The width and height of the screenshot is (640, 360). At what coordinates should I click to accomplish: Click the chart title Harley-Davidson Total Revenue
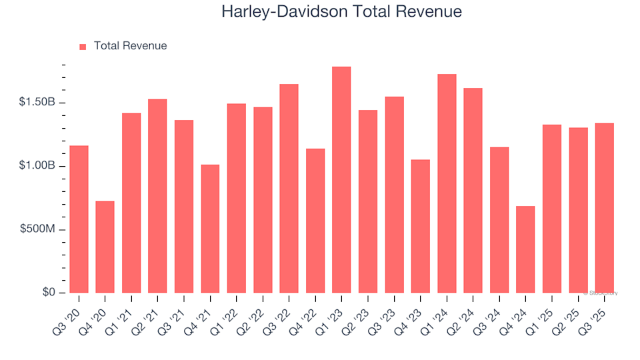pos(341,12)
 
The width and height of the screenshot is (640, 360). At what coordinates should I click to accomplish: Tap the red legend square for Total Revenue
pos(83,47)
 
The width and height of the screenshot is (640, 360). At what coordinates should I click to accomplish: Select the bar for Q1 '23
pos(341,180)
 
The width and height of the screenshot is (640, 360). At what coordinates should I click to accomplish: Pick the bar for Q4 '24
pos(525,249)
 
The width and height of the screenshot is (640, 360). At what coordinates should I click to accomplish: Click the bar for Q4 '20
pos(105,247)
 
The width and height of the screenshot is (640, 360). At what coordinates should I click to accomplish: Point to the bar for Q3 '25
pos(604,208)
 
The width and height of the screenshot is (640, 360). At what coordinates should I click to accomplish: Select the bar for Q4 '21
pos(210,229)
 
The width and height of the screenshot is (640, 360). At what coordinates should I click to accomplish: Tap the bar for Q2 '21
pos(157,196)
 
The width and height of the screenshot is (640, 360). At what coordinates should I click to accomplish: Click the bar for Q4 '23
pos(420,226)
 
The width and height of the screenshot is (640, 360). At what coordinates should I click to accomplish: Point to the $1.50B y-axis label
pos(37,103)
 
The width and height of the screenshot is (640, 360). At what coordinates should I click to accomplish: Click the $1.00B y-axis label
pos(37,166)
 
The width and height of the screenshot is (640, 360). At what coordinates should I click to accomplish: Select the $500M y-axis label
pos(39,229)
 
